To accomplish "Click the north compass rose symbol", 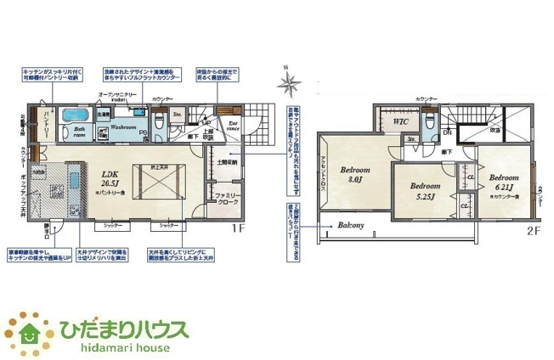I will [290, 82].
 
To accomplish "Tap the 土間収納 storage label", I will [227, 161].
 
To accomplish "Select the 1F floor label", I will [239, 228].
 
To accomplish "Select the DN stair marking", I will [448, 133].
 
